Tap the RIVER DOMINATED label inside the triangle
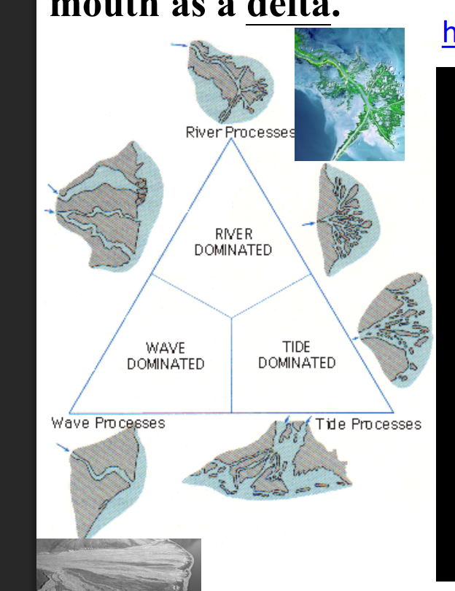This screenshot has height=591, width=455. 233,242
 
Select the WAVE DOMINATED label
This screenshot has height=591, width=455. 166,356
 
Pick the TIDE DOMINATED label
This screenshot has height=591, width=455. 297,355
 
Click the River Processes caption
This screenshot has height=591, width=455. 240,132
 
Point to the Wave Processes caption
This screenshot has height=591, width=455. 108,423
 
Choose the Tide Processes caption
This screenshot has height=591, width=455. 368,423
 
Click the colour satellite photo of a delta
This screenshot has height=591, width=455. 349,94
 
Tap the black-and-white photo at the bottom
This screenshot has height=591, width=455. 118,564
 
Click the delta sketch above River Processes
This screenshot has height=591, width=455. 230,80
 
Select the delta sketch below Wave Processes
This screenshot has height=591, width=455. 103,477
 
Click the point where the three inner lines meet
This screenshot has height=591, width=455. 232,318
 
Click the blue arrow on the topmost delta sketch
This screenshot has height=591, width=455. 179,45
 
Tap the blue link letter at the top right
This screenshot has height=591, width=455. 448,33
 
